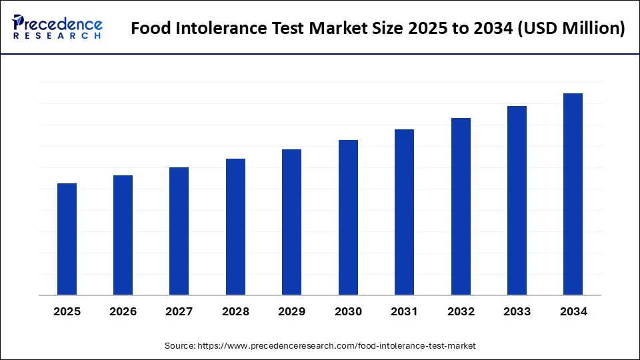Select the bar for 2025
[67, 239]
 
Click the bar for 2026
[123, 235]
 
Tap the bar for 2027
[179, 231]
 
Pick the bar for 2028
[235, 227]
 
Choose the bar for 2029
[291, 222]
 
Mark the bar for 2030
[348, 217]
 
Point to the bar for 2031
[404, 212]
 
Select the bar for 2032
[461, 206]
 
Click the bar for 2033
[517, 200]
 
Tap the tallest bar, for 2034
[573, 194]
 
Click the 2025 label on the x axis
[67, 312]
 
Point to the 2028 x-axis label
[235, 312]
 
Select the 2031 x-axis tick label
[404, 312]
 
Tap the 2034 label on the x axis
[573, 312]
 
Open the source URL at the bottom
[337, 346]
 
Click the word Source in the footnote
[179, 346]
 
